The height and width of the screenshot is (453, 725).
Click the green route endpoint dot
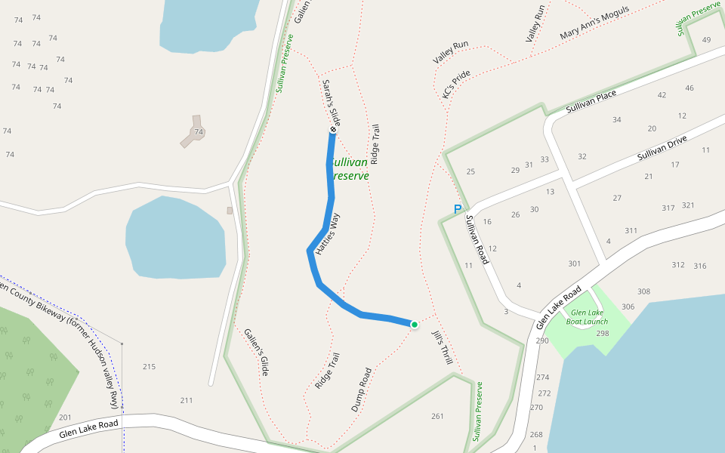414,325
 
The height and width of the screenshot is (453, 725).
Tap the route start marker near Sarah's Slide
333,130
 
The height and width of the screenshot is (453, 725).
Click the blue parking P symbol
456,209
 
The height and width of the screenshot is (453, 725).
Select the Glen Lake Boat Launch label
587,316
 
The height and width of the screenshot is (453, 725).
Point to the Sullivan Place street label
591,103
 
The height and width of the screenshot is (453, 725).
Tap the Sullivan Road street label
477,239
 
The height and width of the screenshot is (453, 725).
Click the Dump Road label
362,389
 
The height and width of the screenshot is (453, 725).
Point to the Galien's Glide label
256,353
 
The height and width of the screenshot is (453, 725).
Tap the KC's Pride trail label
456,84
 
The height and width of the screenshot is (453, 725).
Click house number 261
437,416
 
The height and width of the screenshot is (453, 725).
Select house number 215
149,367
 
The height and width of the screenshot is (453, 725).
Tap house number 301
575,263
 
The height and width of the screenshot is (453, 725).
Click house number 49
706,40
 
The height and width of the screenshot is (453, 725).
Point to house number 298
602,333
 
